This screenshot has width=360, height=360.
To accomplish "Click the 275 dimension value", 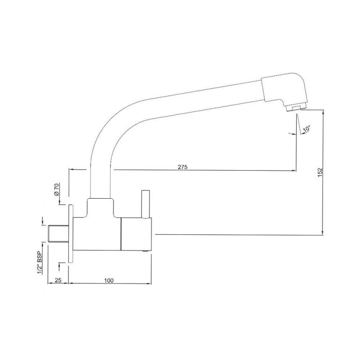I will tap(183, 167).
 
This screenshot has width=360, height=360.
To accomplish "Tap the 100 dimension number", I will tap(109, 280).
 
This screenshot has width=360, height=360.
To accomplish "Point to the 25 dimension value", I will tap(58, 280).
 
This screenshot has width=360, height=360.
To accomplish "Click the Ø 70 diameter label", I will tap(56, 190).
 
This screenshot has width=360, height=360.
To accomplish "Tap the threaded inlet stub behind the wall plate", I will tap(59, 233).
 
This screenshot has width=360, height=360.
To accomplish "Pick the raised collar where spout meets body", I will tap(100, 206).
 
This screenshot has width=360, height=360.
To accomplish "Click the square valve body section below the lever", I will tap(135, 234).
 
